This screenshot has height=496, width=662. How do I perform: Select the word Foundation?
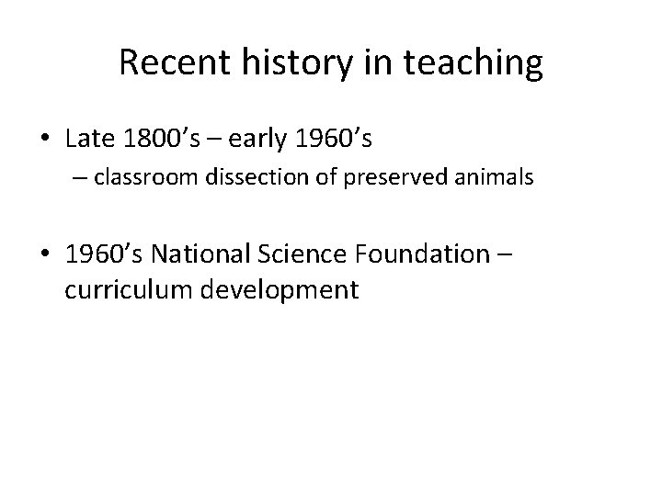[x=417, y=252]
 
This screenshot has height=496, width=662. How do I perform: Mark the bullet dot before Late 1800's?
[x=45, y=140]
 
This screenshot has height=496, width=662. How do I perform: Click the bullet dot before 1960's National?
[x=45, y=253]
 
